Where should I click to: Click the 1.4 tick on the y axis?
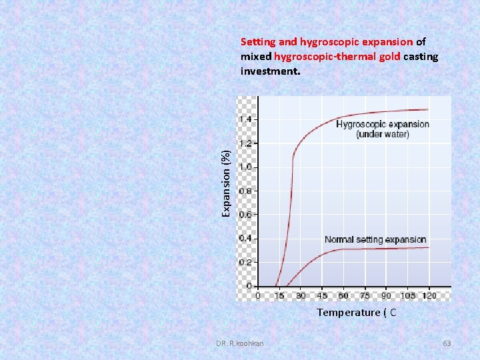pos(245,119)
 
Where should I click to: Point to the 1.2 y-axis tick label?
pos(245,143)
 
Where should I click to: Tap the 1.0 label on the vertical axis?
pos(245,167)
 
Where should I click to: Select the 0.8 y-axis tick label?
pos(245,191)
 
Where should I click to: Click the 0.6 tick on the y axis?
pos(245,215)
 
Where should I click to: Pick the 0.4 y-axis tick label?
pos(245,238)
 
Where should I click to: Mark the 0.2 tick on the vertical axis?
pos(245,262)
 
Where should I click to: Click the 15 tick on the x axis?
pos(279,295)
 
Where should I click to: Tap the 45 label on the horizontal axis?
pos(322,295)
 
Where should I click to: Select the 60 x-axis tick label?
pos(343,295)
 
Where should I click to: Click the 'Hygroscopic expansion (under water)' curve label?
pos(383,129)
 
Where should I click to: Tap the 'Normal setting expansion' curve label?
pos(375,239)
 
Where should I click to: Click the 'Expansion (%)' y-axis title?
pos(227,183)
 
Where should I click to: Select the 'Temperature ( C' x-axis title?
pos(356,312)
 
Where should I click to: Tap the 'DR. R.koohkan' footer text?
pos(239,343)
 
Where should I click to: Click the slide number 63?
pos(447,343)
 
